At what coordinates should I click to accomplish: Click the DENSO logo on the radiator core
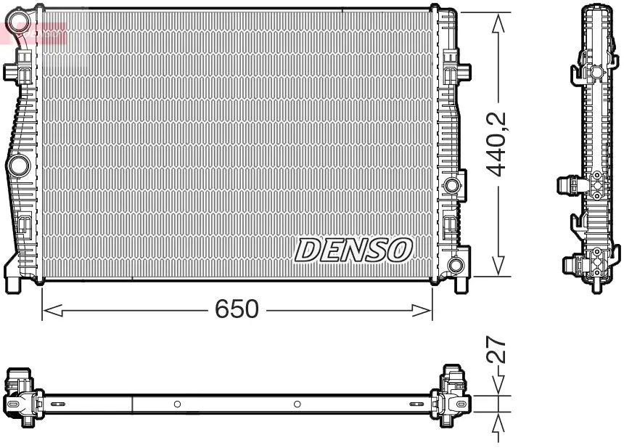[x=353, y=251]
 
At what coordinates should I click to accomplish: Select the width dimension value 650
[x=237, y=309]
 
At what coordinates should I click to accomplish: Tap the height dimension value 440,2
[x=498, y=144]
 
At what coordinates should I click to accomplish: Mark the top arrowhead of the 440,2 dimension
[x=498, y=23]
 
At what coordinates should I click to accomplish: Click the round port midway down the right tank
[x=453, y=185]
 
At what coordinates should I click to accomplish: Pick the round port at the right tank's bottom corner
[x=456, y=265]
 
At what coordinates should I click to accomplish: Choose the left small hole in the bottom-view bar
[x=177, y=403]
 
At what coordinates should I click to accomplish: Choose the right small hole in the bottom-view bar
[x=297, y=403]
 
